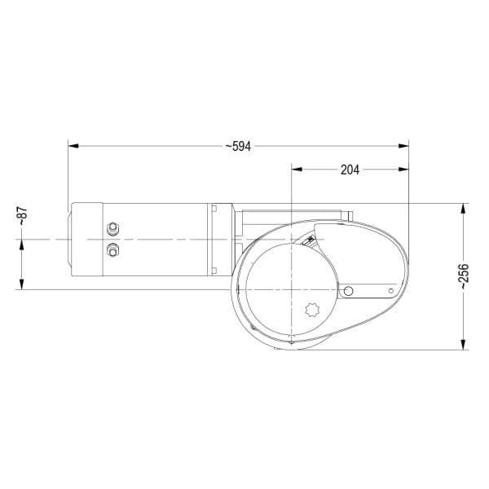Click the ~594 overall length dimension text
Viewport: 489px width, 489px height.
(238, 146)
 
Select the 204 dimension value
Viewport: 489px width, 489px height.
(350, 170)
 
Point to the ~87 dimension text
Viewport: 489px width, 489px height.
(23, 216)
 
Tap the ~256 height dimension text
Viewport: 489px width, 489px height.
(464, 276)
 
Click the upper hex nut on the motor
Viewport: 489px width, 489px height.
(112, 228)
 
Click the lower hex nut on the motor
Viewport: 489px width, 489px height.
(112, 250)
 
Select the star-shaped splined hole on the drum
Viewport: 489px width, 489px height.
(312, 310)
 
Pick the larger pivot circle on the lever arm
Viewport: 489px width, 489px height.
(348, 291)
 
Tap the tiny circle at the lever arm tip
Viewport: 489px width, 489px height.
(391, 291)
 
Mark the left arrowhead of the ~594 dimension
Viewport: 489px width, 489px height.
(73, 146)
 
